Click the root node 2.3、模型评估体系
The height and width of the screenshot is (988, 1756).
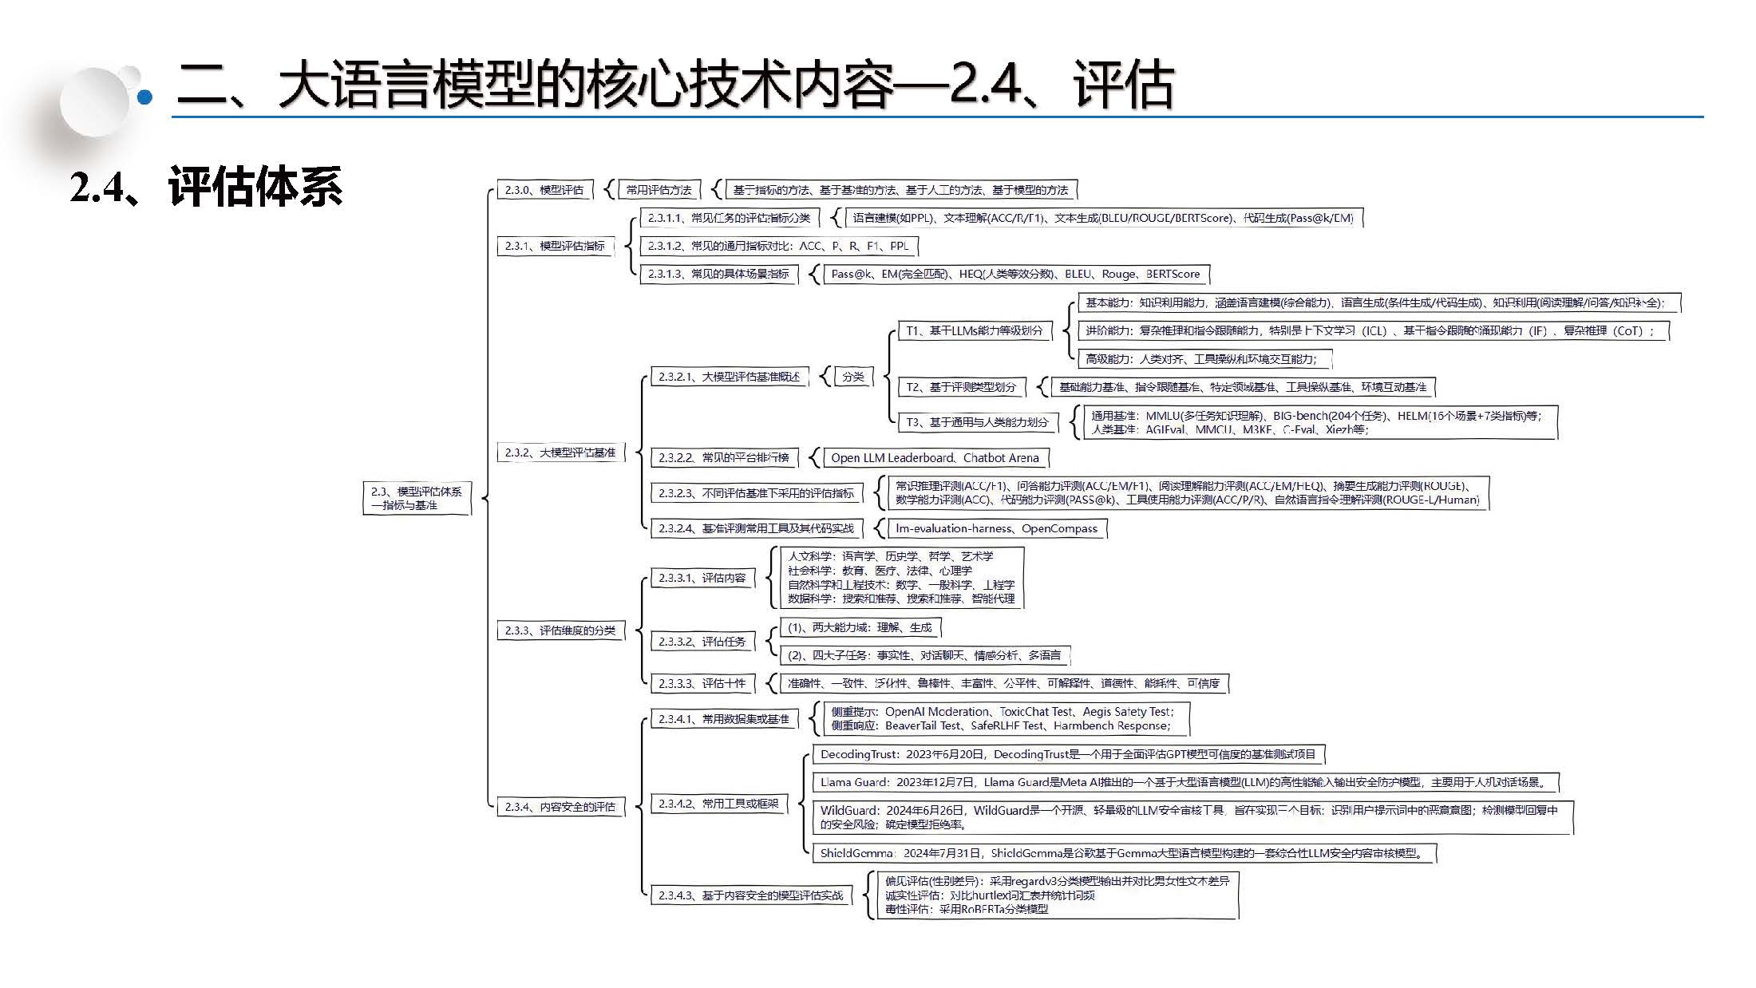(x=417, y=498)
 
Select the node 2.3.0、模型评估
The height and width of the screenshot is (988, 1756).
(x=544, y=190)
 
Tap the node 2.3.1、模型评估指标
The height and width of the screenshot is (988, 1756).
(x=555, y=246)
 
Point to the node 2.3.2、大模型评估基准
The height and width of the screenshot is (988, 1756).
(x=560, y=453)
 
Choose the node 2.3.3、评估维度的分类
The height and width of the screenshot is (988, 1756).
(x=560, y=630)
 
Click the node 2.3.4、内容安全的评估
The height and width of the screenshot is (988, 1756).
(x=560, y=807)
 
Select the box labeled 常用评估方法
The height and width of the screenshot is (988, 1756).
(x=658, y=190)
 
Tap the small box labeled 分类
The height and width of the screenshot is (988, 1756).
(x=853, y=377)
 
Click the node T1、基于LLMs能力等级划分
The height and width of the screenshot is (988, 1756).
(x=975, y=330)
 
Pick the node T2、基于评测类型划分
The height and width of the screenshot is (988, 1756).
(x=961, y=387)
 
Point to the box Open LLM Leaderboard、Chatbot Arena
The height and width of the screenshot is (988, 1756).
(x=935, y=458)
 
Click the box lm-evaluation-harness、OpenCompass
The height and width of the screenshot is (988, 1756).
(x=996, y=528)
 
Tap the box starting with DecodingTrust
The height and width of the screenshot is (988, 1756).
(x=1068, y=754)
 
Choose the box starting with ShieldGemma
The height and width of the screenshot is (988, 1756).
(x=1123, y=853)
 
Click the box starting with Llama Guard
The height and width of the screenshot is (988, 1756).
(x=1185, y=782)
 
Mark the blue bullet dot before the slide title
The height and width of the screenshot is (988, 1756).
(x=145, y=97)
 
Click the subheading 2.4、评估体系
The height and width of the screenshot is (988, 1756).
(x=206, y=188)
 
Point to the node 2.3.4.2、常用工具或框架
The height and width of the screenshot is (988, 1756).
(x=718, y=804)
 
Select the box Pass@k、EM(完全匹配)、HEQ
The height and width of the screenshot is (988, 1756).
(x=1015, y=274)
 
